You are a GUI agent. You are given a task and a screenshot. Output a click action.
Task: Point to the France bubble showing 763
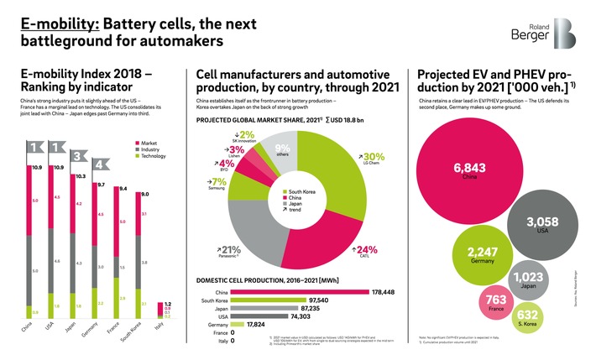pos(495,304)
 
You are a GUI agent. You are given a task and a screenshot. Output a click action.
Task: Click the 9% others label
pos(282,150)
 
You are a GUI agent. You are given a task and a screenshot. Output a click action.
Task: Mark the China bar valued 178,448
pos(302,292)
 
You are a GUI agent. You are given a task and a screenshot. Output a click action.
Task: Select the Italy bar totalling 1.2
pos(167,311)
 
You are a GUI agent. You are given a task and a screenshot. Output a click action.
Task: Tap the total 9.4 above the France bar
pos(123,189)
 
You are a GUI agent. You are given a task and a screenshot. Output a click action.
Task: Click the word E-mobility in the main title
pos(52,16)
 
